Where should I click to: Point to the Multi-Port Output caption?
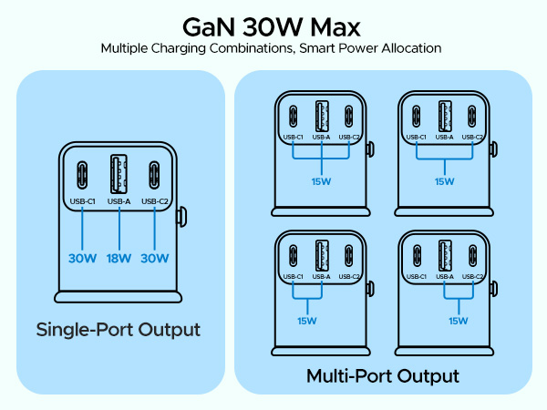(x=382, y=375)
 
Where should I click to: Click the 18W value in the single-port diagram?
(x=119, y=258)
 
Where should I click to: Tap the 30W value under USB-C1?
(x=82, y=258)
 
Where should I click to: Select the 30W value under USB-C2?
(x=155, y=258)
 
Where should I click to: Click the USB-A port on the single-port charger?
(x=119, y=173)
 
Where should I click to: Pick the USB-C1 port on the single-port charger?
(x=82, y=173)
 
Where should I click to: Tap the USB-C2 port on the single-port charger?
(x=155, y=173)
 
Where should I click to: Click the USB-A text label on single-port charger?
(x=119, y=201)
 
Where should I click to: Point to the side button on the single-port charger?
(x=181, y=218)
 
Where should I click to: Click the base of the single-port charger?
(x=119, y=296)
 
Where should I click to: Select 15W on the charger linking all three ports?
(x=321, y=180)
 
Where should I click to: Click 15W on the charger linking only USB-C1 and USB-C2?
(x=444, y=181)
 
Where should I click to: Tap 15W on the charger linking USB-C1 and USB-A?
(x=306, y=320)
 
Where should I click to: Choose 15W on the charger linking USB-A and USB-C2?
(x=459, y=320)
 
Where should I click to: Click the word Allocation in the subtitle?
(x=414, y=46)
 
